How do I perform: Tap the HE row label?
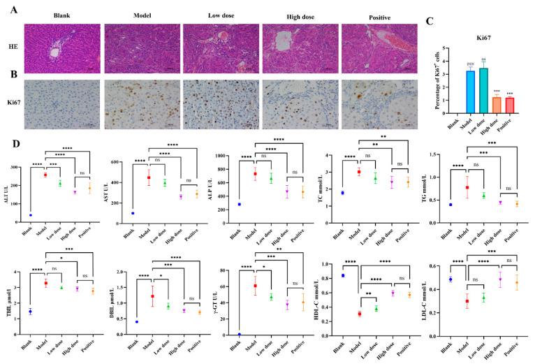13,48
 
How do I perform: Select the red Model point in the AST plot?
148,178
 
